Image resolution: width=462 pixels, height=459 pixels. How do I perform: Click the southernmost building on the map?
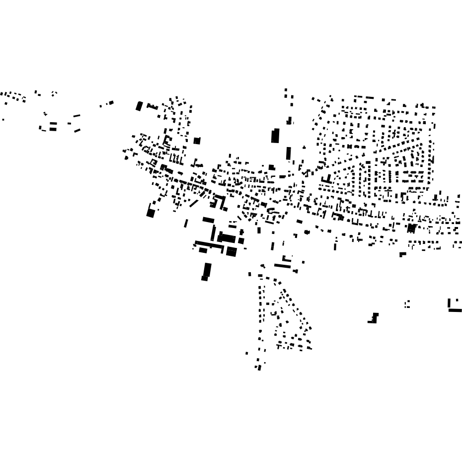[x=259, y=368]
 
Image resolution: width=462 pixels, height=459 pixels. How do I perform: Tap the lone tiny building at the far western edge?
[x=3, y=120]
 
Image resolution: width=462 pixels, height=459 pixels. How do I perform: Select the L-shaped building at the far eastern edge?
[x=453, y=307]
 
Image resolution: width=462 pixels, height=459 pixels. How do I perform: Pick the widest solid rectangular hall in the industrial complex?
[x=227, y=238]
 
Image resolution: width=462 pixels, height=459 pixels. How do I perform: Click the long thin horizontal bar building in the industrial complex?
[x=209, y=244]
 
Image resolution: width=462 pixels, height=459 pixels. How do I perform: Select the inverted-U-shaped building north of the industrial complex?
[x=219, y=201]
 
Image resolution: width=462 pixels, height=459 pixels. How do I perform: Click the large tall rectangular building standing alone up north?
[x=275, y=135]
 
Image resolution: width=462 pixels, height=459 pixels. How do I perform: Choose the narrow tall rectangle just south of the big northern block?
[x=289, y=153]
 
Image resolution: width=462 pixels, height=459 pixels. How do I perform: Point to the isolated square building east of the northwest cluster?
[x=197, y=141]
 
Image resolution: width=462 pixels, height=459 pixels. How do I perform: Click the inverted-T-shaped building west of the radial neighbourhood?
[x=326, y=179]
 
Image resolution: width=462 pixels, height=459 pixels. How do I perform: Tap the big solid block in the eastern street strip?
[x=411, y=228]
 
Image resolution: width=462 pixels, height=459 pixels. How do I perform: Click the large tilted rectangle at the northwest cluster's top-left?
[x=139, y=106]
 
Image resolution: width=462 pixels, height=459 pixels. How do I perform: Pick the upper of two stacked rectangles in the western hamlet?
[x=53, y=124]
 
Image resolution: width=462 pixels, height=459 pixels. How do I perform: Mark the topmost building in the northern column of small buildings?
[x=286, y=90]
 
